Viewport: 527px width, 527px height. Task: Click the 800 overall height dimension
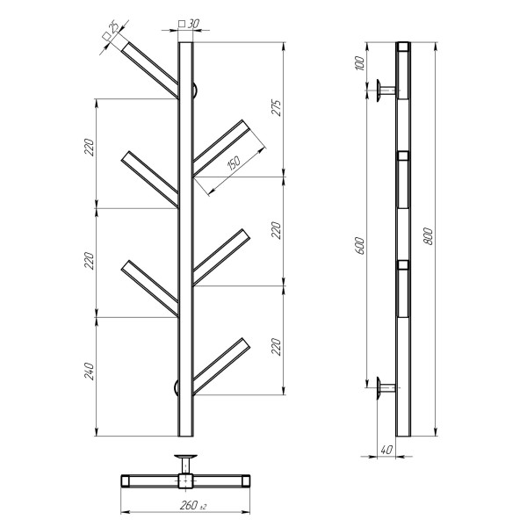[428, 236]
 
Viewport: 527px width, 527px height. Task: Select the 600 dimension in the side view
[359, 245]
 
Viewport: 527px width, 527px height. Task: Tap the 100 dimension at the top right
[359, 63]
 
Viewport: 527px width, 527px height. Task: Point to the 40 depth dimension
[386, 450]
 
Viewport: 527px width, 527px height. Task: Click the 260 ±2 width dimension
[193, 505]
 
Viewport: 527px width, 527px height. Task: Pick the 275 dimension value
[276, 107]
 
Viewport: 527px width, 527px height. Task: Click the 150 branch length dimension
[234, 162]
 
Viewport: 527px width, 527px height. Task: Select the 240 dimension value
[89, 371]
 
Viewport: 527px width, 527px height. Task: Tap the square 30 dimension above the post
[189, 24]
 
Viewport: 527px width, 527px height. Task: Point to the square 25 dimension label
[111, 30]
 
